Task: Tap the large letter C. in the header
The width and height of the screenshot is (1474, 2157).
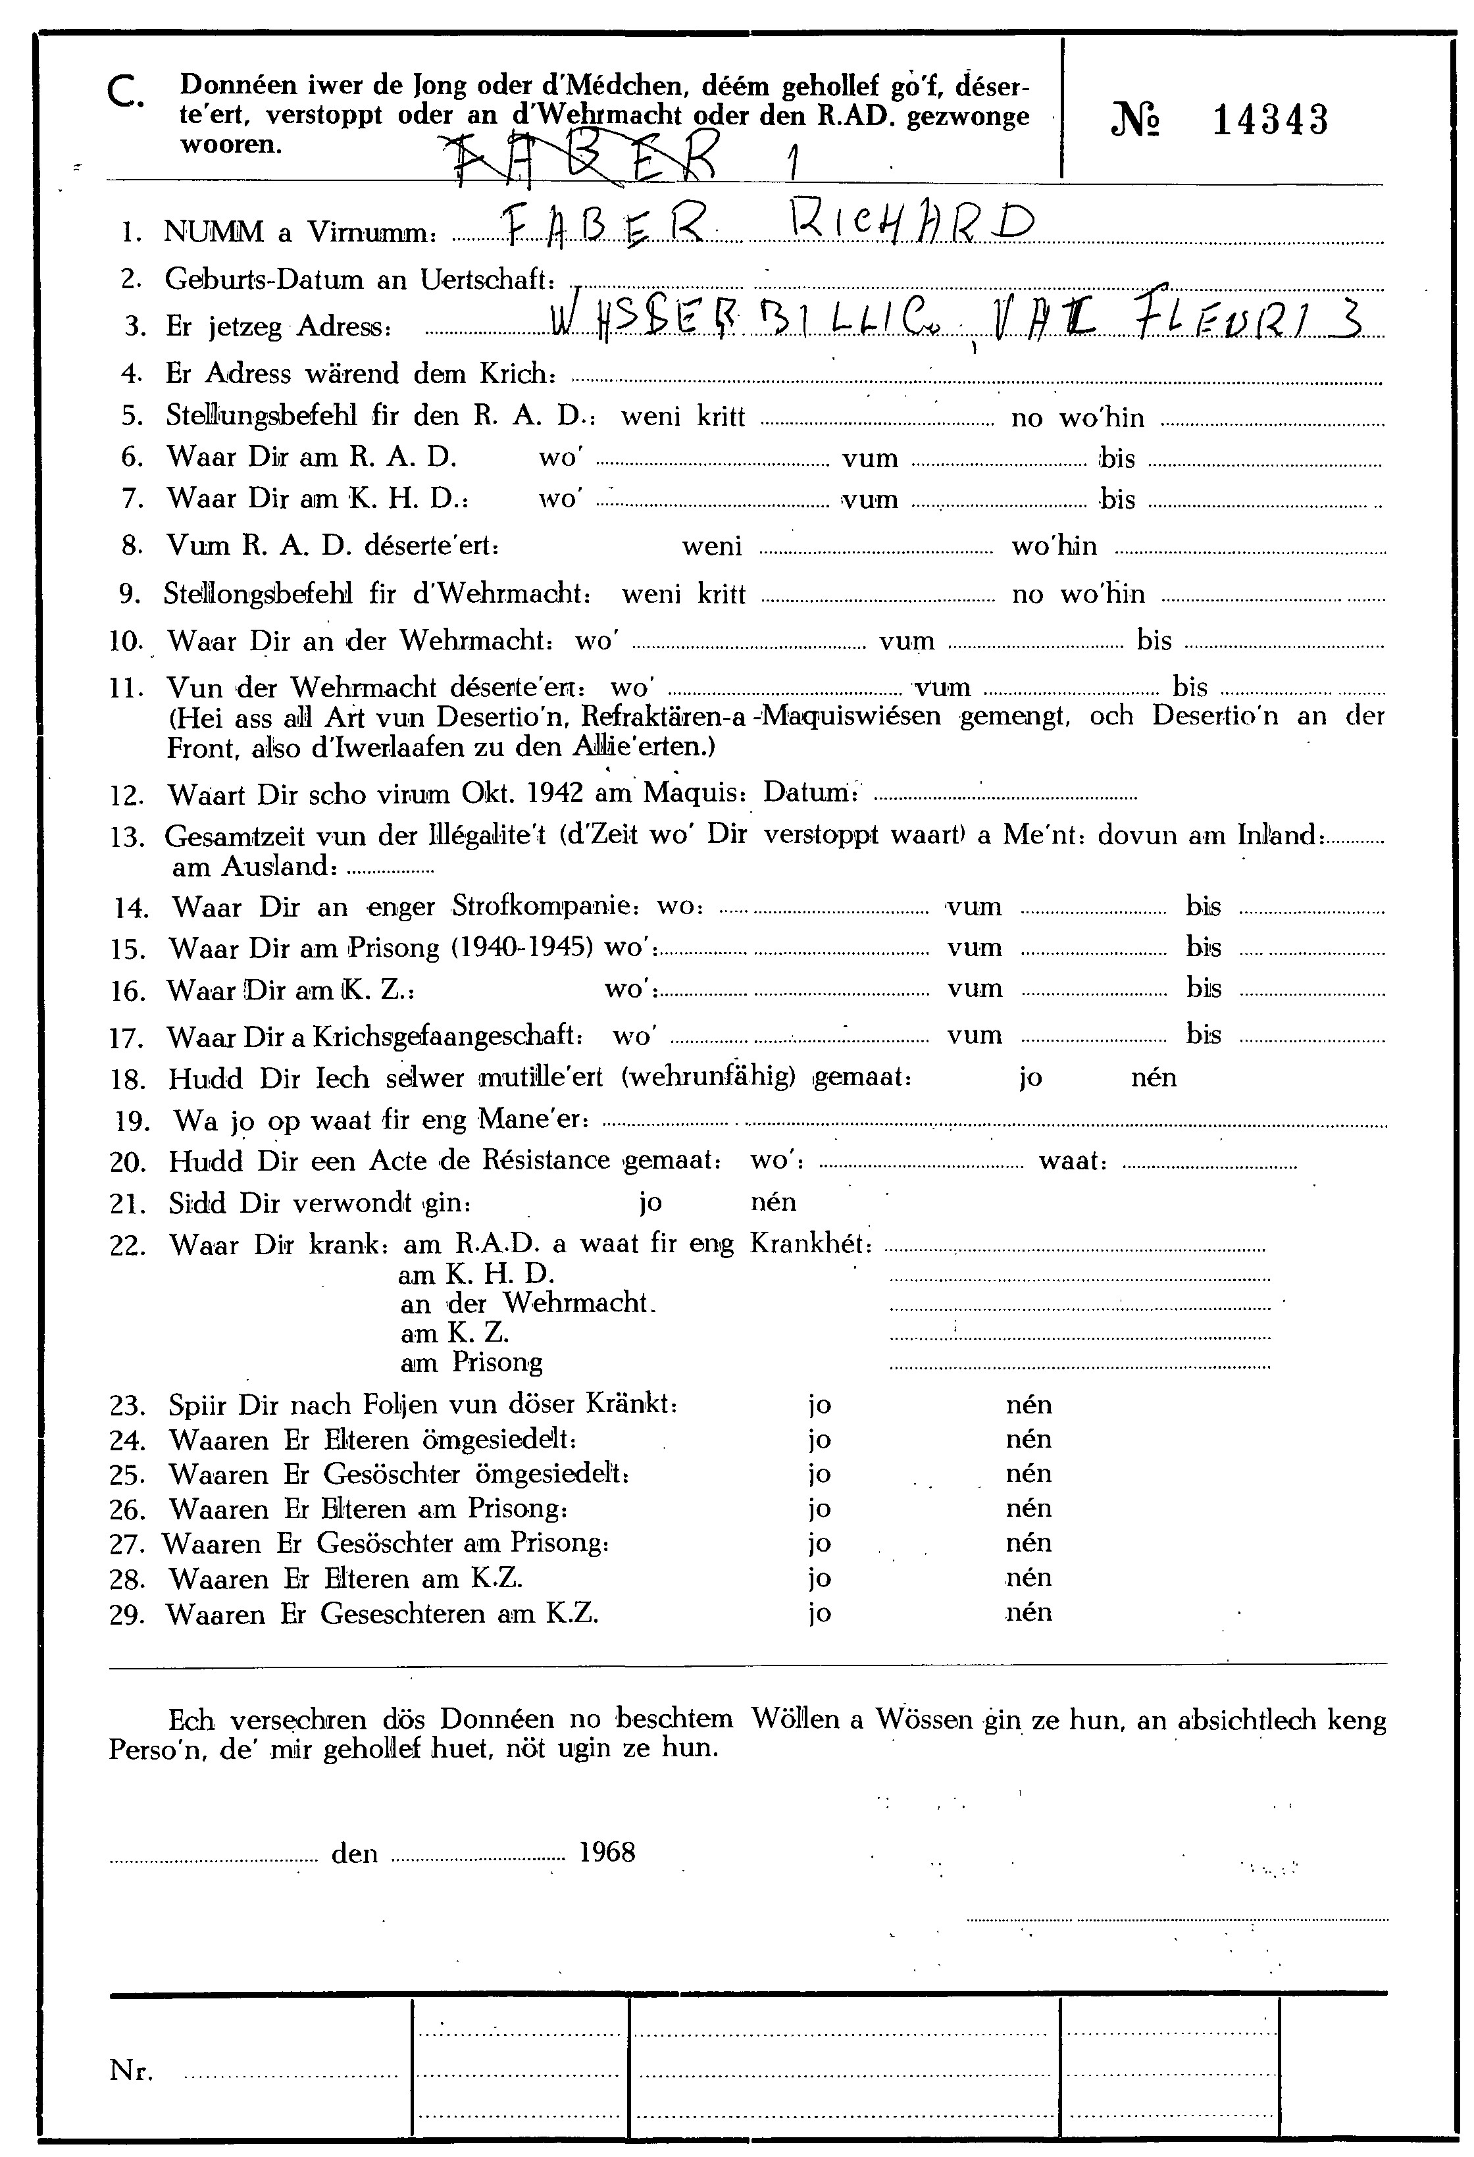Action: point(124,93)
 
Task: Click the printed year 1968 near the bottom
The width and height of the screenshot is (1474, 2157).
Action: point(607,1852)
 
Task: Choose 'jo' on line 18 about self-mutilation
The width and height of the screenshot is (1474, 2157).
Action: point(1030,1078)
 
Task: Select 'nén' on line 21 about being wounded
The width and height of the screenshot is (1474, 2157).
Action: point(773,1202)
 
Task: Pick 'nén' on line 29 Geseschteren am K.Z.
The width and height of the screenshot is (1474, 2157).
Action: point(1029,1612)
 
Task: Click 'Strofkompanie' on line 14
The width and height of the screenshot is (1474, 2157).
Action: point(545,906)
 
